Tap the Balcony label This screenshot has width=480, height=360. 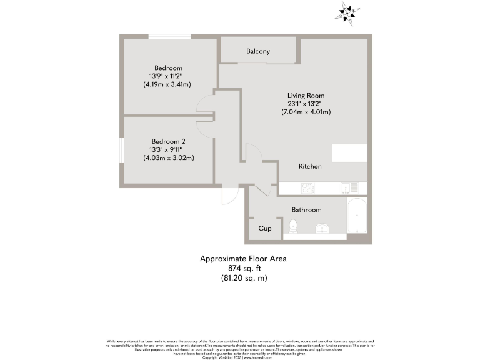click(257, 51)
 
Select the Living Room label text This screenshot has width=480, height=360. click(306, 96)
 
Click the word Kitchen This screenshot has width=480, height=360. click(309, 166)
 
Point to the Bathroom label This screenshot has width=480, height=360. click(306, 210)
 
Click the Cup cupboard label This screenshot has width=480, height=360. click(265, 229)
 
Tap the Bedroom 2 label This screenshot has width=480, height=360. click(168, 141)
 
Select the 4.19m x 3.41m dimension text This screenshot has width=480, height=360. click(167, 84)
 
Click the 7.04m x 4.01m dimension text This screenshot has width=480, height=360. click(306, 112)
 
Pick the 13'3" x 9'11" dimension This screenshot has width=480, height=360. click(168, 149)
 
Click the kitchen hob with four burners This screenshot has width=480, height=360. click(308, 187)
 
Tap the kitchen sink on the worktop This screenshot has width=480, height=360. click(348, 187)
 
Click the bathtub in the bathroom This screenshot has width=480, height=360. click(356, 219)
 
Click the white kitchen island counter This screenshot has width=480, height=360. click(349, 153)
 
